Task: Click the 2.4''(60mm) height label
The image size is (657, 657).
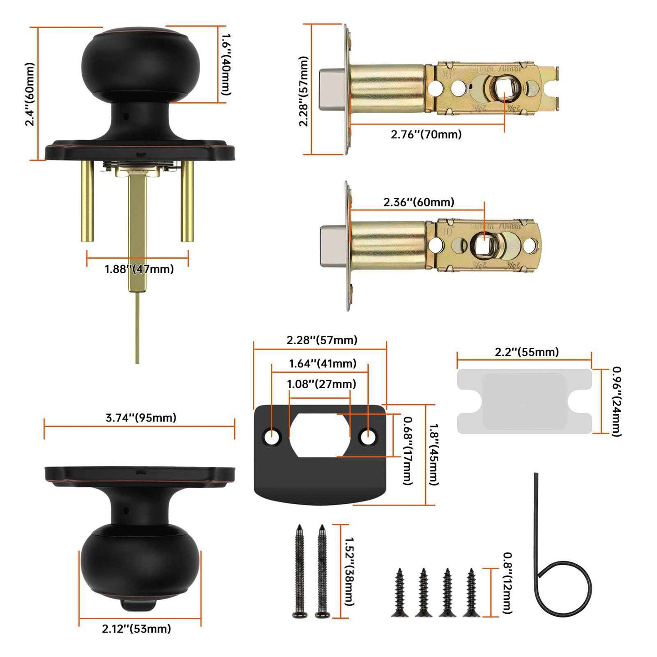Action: click(x=30, y=94)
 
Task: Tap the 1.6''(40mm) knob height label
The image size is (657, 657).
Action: click(x=226, y=64)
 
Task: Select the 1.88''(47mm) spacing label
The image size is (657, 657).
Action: click(x=139, y=269)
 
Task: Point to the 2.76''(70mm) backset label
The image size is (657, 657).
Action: click(x=426, y=135)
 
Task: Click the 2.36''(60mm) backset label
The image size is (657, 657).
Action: click(x=418, y=202)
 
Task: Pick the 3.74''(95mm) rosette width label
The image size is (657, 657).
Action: click(x=141, y=418)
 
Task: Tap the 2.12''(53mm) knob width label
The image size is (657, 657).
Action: click(x=136, y=629)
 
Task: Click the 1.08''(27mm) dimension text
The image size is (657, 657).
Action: click(x=321, y=384)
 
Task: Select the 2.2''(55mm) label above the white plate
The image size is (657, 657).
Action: click(x=527, y=352)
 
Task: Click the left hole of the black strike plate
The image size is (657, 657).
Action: click(x=272, y=437)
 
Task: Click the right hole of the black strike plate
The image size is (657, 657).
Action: click(x=368, y=437)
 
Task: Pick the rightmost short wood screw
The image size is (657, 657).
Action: click(x=471, y=592)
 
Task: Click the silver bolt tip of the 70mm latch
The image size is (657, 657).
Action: click(x=332, y=90)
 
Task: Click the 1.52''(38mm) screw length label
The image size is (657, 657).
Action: click(x=349, y=571)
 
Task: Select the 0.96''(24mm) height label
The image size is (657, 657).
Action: click(x=616, y=401)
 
